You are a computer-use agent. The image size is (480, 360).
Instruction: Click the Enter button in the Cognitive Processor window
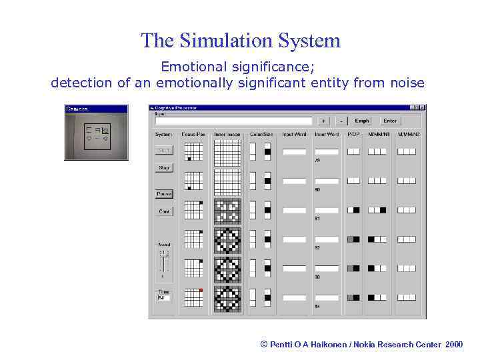point(390,121)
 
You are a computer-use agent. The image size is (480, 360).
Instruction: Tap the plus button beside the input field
point(323,121)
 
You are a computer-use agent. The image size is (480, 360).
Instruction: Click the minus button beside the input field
point(341,121)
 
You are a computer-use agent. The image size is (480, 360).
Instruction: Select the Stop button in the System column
point(164,168)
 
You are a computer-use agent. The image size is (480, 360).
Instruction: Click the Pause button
point(164,194)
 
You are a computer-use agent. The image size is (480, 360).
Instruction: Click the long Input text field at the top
point(233,121)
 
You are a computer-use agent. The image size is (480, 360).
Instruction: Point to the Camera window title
point(78,109)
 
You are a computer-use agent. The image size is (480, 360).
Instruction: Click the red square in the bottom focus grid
point(200,291)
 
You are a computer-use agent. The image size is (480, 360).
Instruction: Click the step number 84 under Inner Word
point(317,307)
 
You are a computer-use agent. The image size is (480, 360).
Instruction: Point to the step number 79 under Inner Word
point(317,161)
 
